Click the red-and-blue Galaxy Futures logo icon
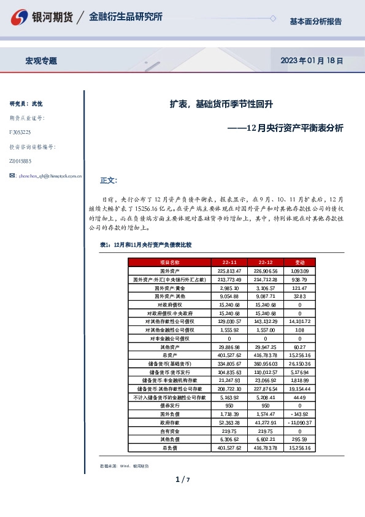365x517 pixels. tap(20, 17)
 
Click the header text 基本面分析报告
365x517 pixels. tap(315, 21)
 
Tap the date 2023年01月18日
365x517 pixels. tap(311, 61)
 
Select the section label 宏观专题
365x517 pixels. tap(41, 61)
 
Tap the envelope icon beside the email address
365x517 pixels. tap(12, 176)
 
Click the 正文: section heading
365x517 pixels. tap(108, 181)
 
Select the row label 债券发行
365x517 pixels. tap(168, 406)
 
